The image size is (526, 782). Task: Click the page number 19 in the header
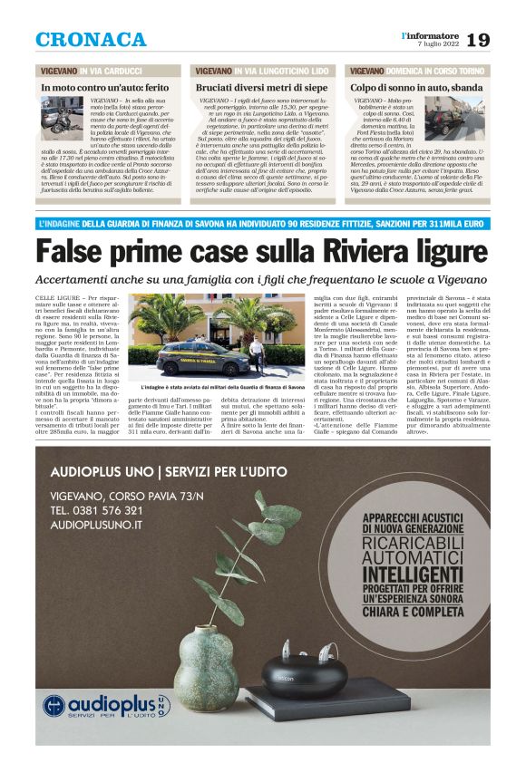click(479, 40)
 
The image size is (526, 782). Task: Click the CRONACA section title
click(91, 40)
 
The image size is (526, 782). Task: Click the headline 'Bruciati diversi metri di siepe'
click(262, 87)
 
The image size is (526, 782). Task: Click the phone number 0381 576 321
click(97, 510)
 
